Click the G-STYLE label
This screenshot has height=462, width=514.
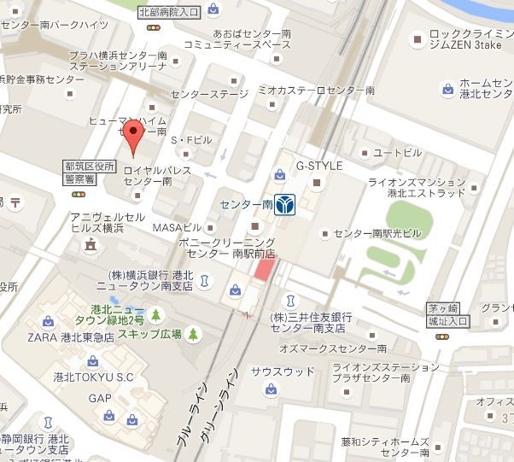pyautogui.click(x=318, y=165)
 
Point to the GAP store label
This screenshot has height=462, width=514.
pyautogui.click(x=99, y=398)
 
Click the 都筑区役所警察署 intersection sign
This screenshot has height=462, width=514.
pyautogui.click(x=88, y=174)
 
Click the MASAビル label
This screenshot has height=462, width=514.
pyautogui.click(x=177, y=228)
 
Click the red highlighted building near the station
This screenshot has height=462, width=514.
pyautogui.click(x=266, y=270)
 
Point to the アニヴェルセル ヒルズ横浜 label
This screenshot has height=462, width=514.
pyautogui.click(x=108, y=222)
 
